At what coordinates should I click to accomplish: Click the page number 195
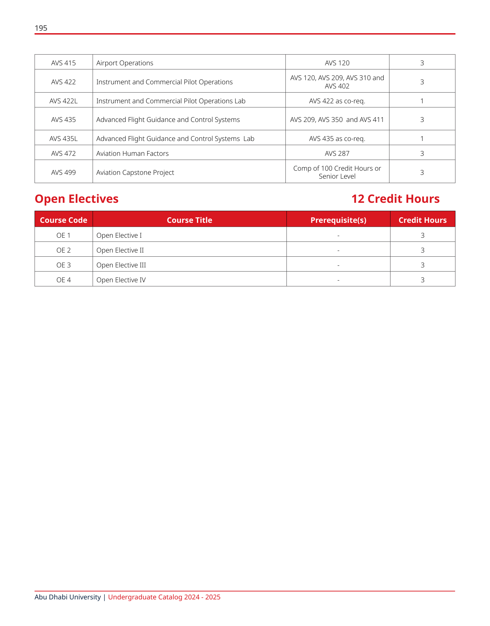coord(41,28)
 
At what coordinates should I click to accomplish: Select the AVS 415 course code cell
coord(64,63)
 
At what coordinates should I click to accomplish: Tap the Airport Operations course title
coord(125,63)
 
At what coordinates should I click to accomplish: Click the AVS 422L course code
coord(64,101)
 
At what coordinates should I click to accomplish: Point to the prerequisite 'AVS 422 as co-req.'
coord(337,101)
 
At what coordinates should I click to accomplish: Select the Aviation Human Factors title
coord(132,153)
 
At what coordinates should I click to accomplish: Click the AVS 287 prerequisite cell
coord(337,153)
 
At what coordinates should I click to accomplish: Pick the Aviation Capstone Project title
coord(135,172)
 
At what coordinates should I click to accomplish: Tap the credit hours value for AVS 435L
coord(422,139)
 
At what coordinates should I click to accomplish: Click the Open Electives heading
coord(77,199)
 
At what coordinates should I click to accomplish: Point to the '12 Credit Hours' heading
coord(395,199)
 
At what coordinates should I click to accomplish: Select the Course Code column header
coord(64,220)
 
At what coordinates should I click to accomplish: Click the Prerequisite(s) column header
coord(338,220)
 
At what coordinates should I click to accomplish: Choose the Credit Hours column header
coord(423,220)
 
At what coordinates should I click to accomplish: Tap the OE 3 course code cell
coord(64,265)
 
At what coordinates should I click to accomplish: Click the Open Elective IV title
coord(121,280)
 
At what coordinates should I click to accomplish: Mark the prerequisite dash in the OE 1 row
coord(338,236)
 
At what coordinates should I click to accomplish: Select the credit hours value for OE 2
coord(423,250)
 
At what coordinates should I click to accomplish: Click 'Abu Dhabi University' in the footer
coord(68,597)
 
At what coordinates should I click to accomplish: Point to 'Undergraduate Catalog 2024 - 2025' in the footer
coord(164,597)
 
